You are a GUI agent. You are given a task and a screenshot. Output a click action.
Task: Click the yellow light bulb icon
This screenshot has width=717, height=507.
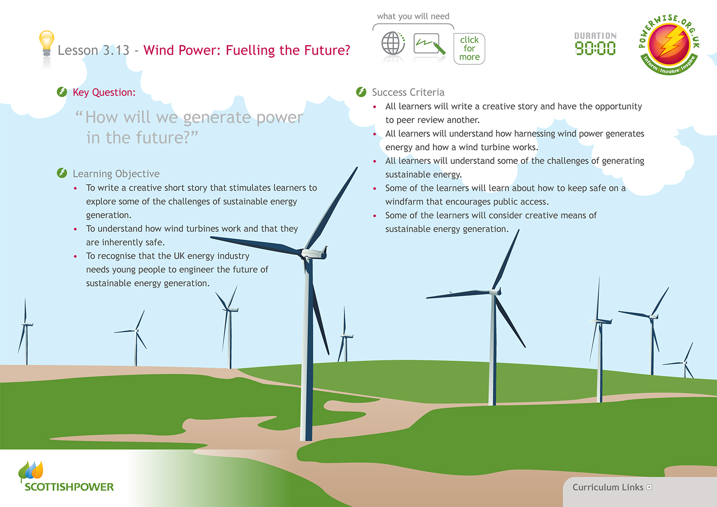click(x=46, y=44)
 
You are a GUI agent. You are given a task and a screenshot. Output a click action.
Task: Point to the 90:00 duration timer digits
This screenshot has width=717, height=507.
click(x=595, y=48)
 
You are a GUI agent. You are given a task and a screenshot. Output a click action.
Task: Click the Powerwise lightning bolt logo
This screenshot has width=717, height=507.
click(x=669, y=45)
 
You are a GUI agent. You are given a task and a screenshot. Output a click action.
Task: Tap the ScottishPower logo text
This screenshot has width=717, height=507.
click(x=69, y=487)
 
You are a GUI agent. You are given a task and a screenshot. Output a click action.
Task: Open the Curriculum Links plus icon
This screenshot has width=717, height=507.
click(x=649, y=487)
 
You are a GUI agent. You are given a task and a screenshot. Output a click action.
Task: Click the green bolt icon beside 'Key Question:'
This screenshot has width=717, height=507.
click(x=62, y=92)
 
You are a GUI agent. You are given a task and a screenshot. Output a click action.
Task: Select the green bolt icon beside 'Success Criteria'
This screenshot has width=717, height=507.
click(x=361, y=92)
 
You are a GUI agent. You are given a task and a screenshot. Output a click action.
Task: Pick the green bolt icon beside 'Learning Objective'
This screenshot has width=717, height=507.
click(x=62, y=173)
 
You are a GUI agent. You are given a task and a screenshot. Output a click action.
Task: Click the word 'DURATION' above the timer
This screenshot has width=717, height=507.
click(x=595, y=36)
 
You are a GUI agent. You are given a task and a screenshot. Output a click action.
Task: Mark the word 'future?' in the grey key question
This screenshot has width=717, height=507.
click(x=163, y=138)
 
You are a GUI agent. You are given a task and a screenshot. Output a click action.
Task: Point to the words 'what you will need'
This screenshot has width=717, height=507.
click(x=413, y=16)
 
